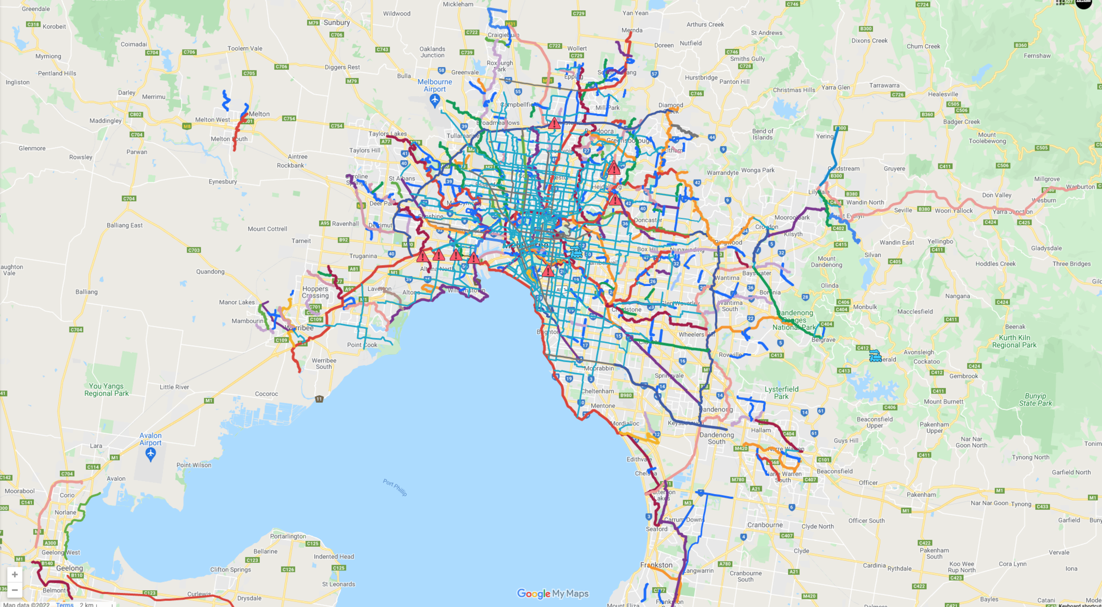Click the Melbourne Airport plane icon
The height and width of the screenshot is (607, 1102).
(x=435, y=100)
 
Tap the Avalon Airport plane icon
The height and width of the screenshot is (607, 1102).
(x=151, y=455)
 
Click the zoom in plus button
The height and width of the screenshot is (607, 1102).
(x=15, y=574)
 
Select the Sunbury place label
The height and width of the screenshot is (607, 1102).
(x=337, y=23)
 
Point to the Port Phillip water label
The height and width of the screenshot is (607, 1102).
(x=395, y=487)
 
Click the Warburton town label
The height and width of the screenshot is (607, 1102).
(x=1080, y=187)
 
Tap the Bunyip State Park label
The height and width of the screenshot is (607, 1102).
(x=1035, y=399)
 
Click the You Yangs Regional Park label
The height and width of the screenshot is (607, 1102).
(x=107, y=390)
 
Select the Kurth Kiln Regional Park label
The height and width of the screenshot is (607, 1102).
(x=1014, y=341)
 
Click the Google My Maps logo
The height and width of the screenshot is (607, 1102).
(x=553, y=594)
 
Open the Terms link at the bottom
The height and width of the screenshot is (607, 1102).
(x=65, y=604)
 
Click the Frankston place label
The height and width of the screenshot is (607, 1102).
(x=656, y=565)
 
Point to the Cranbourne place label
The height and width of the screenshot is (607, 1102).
(x=765, y=525)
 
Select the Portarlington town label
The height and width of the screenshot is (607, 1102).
(x=288, y=536)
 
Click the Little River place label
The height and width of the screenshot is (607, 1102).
(x=174, y=387)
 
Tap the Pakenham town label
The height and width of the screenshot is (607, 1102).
(x=921, y=495)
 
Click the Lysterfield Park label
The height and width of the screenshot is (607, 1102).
(x=781, y=392)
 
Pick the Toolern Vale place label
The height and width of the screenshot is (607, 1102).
(x=245, y=48)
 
